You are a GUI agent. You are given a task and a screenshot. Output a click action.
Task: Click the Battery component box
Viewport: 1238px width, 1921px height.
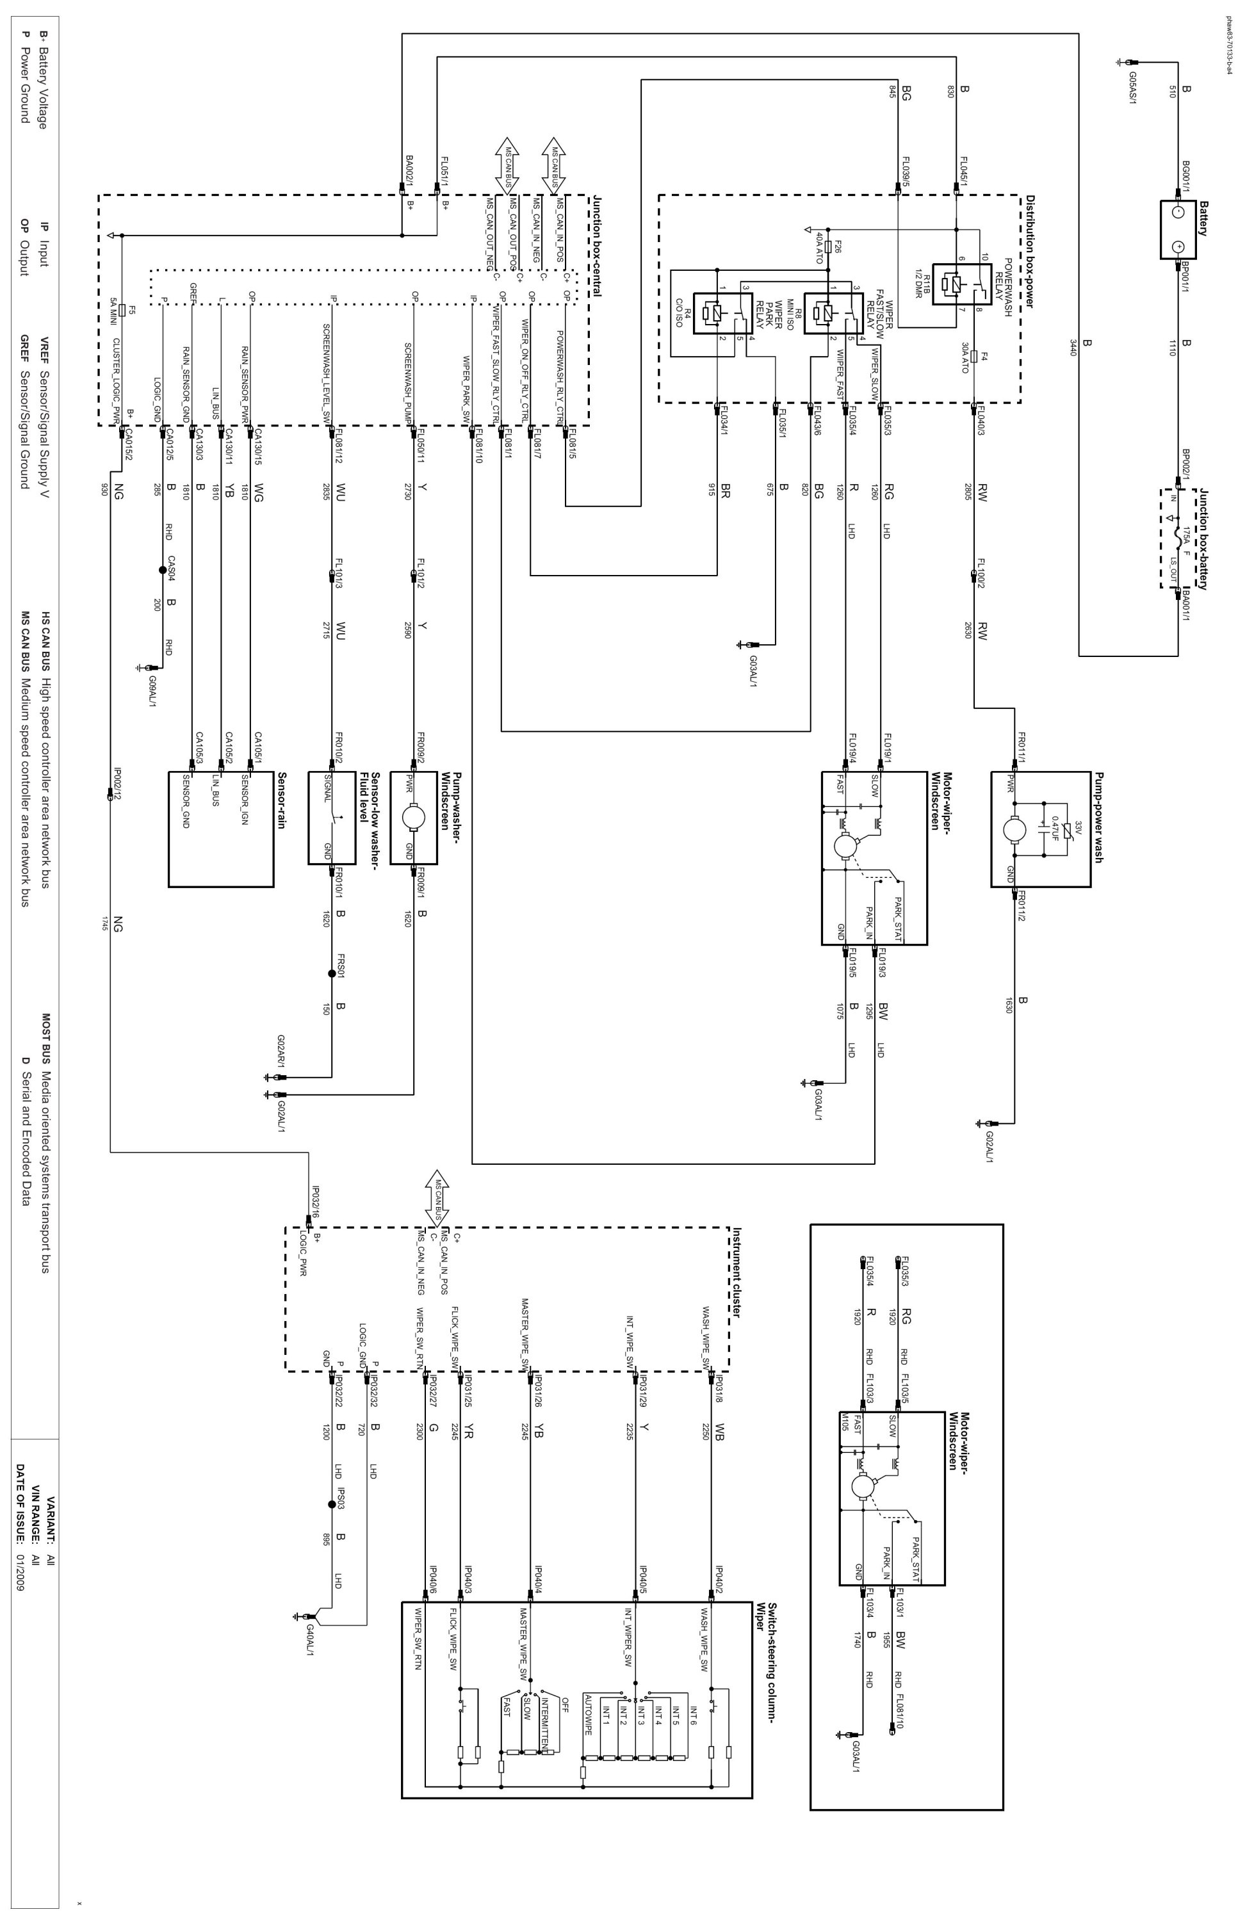[1178, 229]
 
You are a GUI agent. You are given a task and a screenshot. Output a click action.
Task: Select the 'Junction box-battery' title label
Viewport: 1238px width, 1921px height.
[1203, 538]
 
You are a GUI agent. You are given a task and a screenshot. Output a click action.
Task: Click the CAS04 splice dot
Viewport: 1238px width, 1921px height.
[163, 571]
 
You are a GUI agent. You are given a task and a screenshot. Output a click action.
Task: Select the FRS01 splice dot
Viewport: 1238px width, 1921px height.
[331, 974]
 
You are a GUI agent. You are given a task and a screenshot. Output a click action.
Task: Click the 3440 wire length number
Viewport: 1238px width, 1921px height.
[1073, 347]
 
